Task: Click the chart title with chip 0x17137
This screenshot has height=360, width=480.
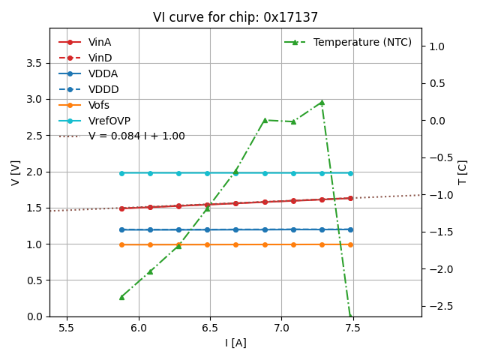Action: tap(235, 17)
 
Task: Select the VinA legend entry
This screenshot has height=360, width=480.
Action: tap(100, 42)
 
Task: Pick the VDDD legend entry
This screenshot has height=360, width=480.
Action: tap(103, 89)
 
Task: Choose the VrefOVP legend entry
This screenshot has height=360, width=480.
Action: tap(108, 121)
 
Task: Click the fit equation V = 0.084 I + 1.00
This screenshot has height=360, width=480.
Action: tap(136, 136)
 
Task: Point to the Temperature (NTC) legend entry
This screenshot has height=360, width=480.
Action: tap(362, 42)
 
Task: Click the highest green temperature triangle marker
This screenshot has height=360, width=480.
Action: tap(322, 102)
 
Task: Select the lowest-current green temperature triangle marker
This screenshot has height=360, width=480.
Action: tap(121, 297)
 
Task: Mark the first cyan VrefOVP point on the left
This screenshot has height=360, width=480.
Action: tap(121, 173)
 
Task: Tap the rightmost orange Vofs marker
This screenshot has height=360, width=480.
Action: tap(350, 244)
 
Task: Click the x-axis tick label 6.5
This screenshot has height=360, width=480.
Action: tap(210, 328)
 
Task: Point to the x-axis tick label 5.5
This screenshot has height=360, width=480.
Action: tap(67, 328)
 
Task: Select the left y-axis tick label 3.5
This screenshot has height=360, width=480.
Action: tap(34, 63)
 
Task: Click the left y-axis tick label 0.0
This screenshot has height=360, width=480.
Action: tap(34, 316)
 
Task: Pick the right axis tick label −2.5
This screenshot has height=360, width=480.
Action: tap(441, 306)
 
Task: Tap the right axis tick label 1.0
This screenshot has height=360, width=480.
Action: tap(437, 46)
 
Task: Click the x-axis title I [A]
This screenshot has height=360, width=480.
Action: tap(235, 343)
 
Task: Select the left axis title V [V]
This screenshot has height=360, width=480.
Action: tap(15, 172)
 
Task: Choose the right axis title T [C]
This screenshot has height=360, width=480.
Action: tap(463, 172)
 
